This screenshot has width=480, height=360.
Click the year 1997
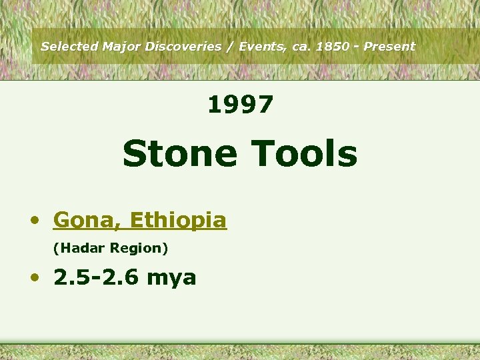click(x=240, y=105)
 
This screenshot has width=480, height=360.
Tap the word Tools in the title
click(x=304, y=153)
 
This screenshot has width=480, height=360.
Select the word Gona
click(x=87, y=220)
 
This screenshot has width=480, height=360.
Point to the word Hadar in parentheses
click(x=80, y=248)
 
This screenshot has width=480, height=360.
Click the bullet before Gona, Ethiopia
click(x=37, y=221)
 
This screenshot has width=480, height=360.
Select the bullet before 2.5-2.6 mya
click(x=37, y=277)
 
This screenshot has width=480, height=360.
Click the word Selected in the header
click(x=69, y=47)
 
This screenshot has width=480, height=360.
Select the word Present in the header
click(x=389, y=47)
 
